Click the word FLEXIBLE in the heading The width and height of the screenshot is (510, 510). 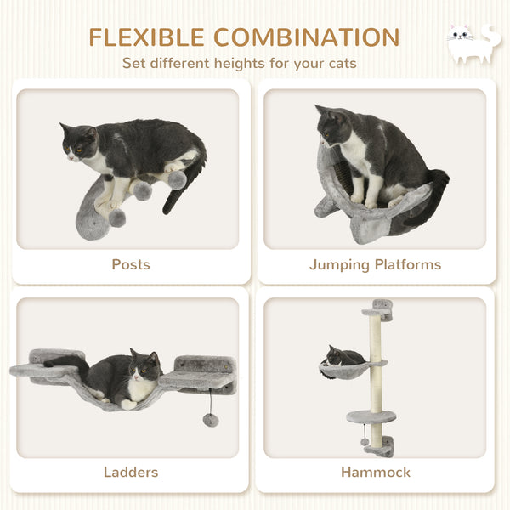pyautogui.click(x=146, y=37)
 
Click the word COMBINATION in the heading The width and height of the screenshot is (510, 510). pyautogui.click(x=307, y=37)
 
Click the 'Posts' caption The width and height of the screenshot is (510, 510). pyautogui.click(x=131, y=264)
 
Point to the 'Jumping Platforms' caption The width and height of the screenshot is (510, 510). pyautogui.click(x=375, y=264)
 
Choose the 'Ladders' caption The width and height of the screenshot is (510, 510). pyautogui.click(x=131, y=472)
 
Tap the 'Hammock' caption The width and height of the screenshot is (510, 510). pyautogui.click(x=375, y=472)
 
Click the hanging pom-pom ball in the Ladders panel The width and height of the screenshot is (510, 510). pyautogui.click(x=211, y=420)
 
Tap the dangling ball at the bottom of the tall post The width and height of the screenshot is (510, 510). pyautogui.click(x=365, y=441)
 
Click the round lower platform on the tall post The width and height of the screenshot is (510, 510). pyautogui.click(x=371, y=417)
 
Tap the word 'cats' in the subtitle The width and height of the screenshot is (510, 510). pyautogui.click(x=339, y=63)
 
